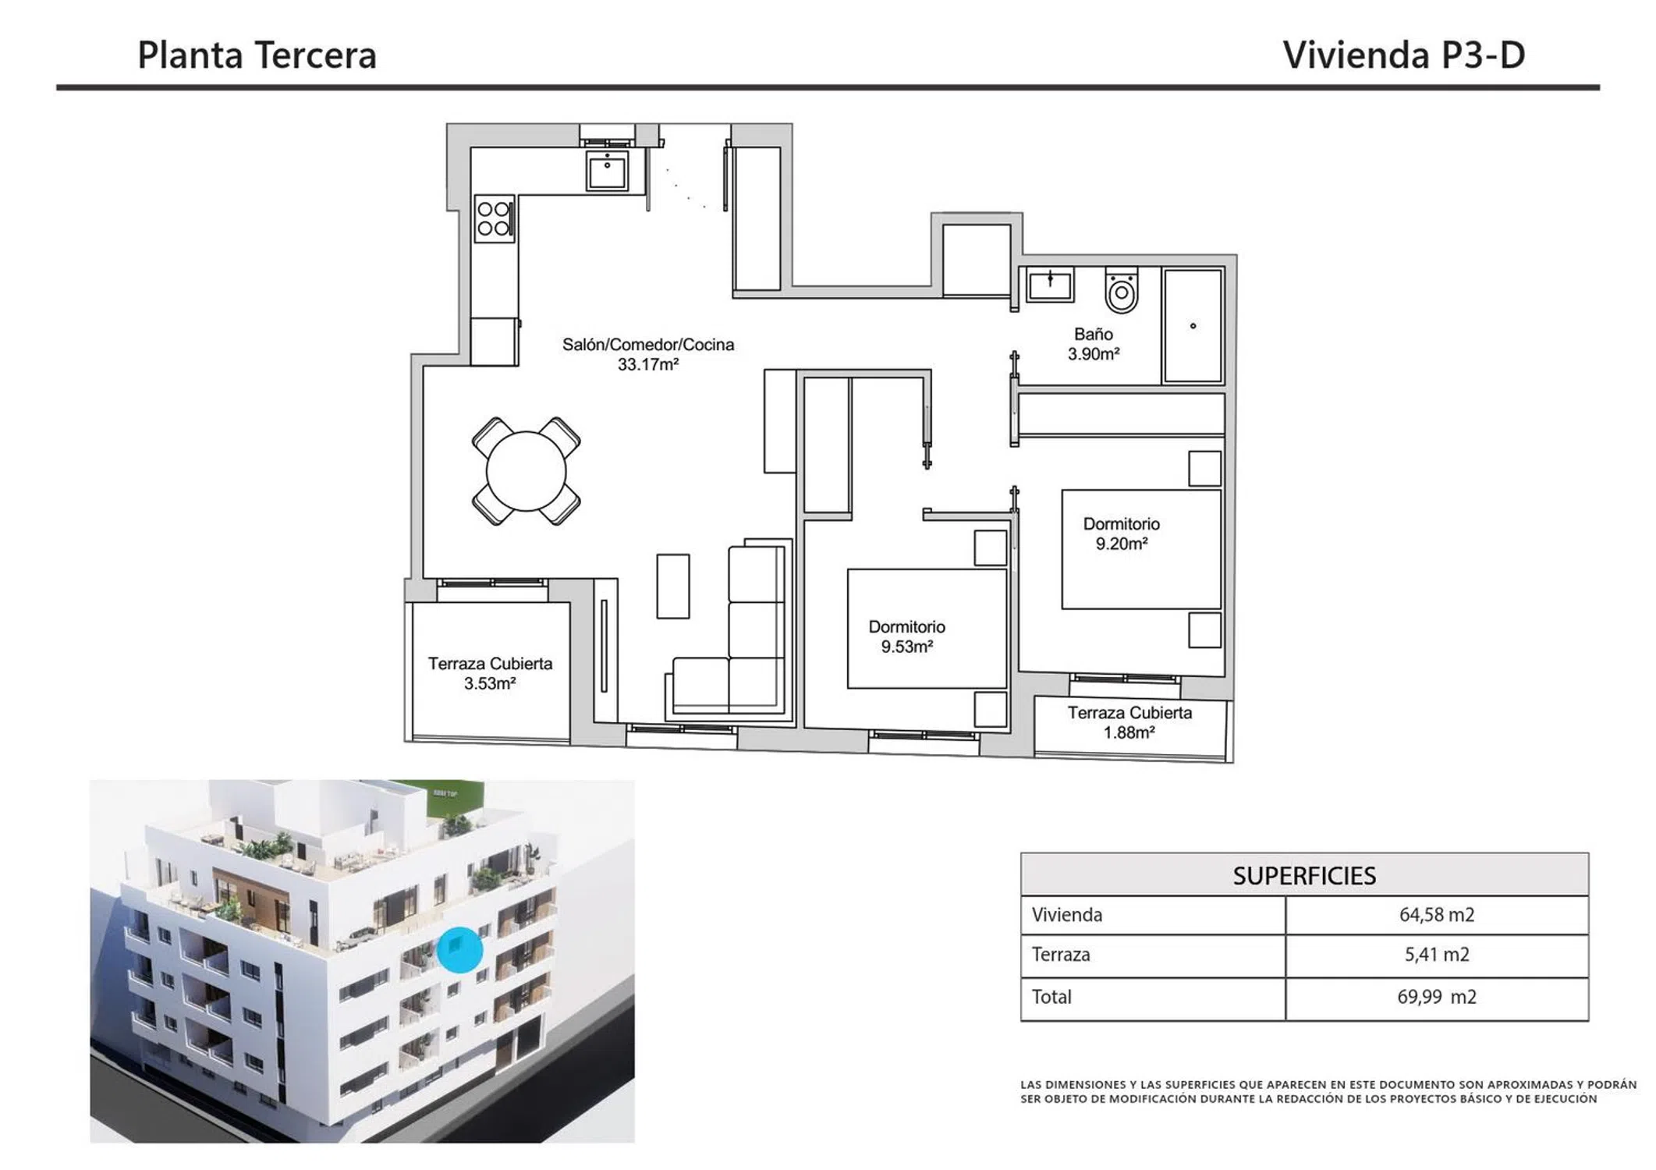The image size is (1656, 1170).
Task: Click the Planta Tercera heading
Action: pos(257,55)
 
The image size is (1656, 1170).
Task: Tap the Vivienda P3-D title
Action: pos(1403,55)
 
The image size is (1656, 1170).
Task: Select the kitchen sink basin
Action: pos(607,170)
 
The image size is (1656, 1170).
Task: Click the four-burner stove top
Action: pos(495,218)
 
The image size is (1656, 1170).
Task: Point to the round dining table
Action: pos(526,471)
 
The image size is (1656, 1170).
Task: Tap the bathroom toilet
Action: pos(1122,290)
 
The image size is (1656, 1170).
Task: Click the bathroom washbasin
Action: pos(1050,284)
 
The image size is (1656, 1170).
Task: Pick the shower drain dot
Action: pos(1193,326)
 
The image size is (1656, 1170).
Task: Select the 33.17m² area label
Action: pos(648,364)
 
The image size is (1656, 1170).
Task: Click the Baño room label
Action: pos(1094,334)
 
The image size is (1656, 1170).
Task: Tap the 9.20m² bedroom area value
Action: pos(1122,544)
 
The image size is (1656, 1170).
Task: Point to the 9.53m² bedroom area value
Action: pos(907,647)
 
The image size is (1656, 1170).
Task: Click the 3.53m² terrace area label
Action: pos(490,683)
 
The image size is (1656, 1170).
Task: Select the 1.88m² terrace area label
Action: pos(1129,732)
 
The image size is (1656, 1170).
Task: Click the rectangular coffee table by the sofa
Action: pos(673,586)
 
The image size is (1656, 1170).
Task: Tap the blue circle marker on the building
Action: pos(460,949)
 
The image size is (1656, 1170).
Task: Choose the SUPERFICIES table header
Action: pos(1304,875)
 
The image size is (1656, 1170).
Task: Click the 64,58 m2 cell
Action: pos(1437,914)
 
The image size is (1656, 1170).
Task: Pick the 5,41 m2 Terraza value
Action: pos(1437,954)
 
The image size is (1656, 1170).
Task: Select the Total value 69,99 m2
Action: pos(1437,996)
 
